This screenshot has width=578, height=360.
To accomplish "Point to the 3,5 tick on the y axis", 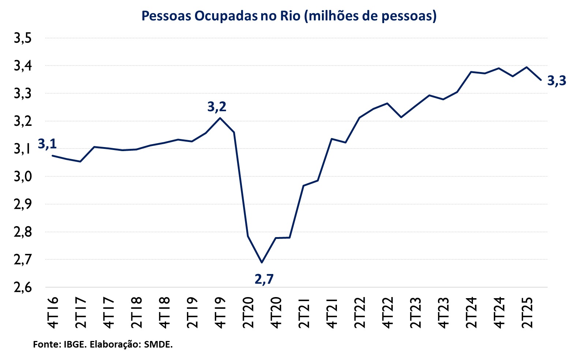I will (x=23, y=38).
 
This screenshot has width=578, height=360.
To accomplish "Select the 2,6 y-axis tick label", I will (x=23, y=288).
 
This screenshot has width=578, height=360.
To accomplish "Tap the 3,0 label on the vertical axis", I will (x=23, y=177).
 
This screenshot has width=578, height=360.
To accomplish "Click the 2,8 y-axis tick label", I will (x=23, y=232).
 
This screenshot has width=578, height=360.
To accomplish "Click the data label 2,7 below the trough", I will (x=264, y=279).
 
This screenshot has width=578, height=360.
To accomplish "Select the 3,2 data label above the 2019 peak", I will (x=217, y=107).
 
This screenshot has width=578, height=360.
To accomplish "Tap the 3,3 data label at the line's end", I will (x=556, y=80).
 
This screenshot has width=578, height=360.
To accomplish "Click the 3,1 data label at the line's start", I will (x=47, y=144).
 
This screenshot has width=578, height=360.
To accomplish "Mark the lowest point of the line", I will (x=262, y=262).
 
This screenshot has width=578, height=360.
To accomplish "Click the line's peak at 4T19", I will (x=220, y=118).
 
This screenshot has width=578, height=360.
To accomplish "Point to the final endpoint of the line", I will (x=541, y=80).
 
